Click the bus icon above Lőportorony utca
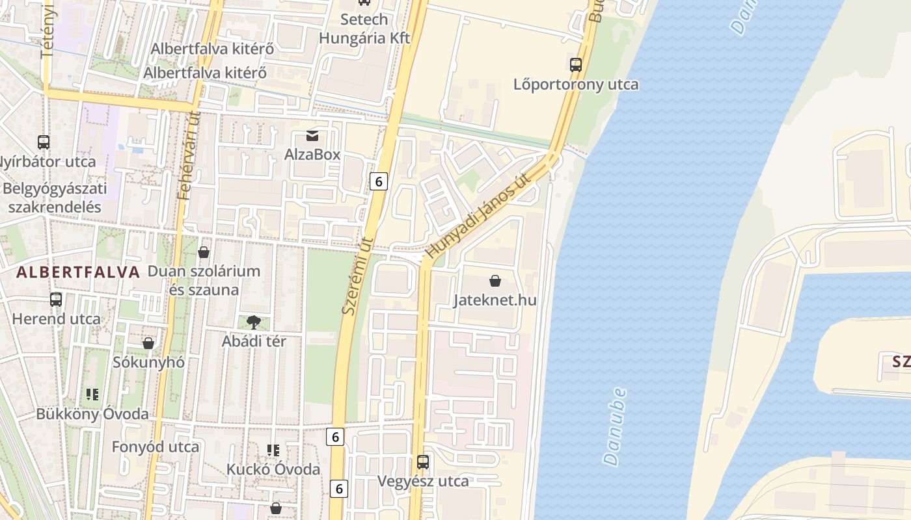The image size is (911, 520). (576, 65)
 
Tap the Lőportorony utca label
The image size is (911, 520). (576, 84)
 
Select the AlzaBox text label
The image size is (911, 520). (312, 155)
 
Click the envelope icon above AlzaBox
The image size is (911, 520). (312, 136)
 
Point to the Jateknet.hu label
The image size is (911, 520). (495, 300)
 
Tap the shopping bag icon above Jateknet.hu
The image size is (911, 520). (495, 281)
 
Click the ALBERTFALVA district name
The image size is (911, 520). (78, 272)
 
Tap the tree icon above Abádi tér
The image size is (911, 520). (254, 322)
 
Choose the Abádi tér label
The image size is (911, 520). (254, 341)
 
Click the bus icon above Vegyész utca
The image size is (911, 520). (423, 462)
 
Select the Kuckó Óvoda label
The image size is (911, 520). (273, 469)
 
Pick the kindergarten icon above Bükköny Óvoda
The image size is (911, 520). (92, 394)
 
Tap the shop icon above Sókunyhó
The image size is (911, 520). (148, 343)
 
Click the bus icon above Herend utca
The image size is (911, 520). (56, 300)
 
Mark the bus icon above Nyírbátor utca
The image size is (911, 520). (44, 142)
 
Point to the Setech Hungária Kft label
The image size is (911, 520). (364, 29)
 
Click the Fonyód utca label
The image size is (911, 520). (156, 447)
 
